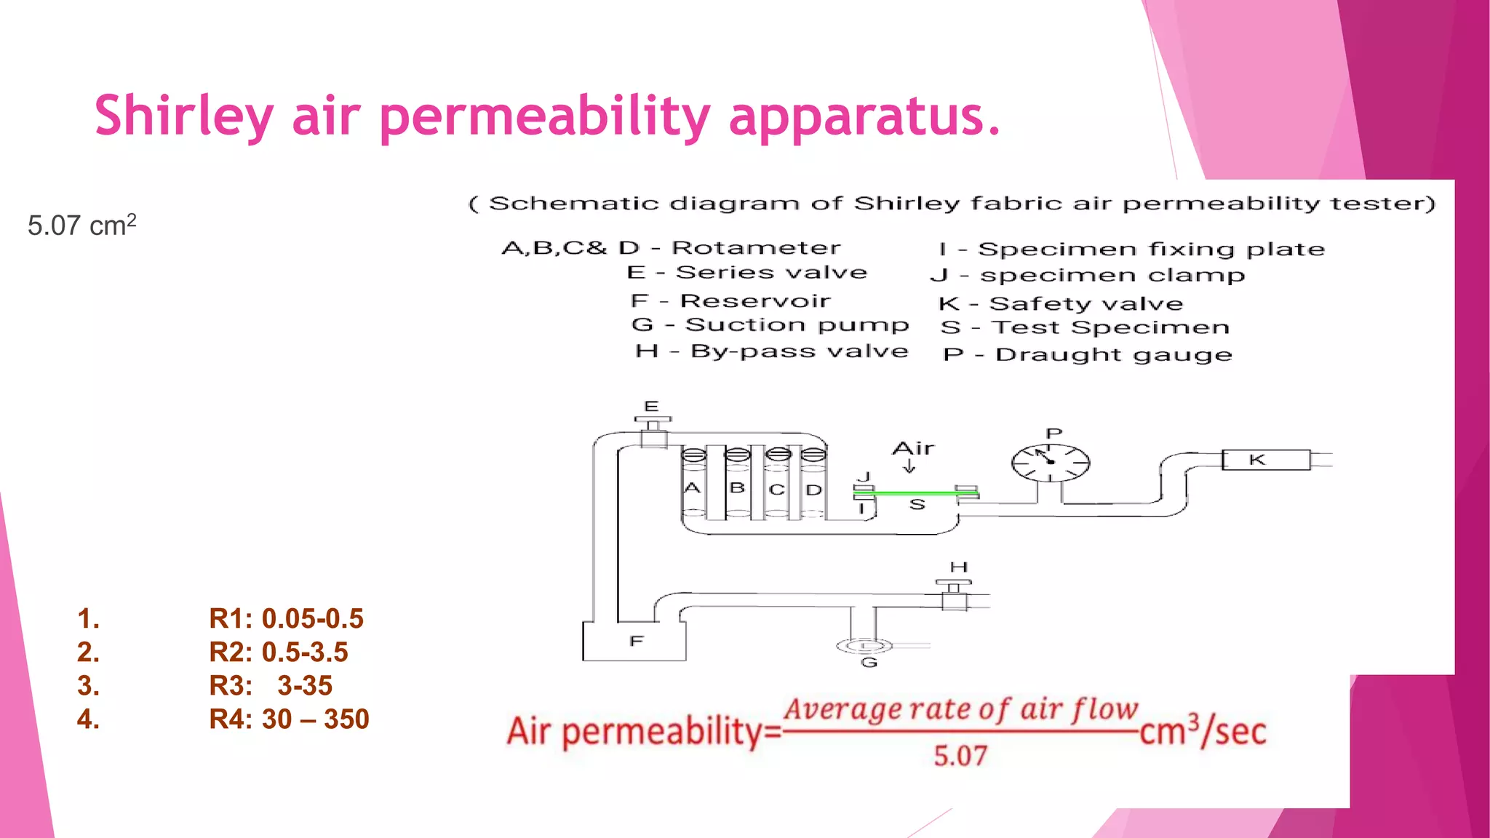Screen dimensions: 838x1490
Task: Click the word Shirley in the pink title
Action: point(183,116)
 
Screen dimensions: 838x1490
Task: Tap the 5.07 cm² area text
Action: point(81,226)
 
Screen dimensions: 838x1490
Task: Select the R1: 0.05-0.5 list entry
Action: point(286,618)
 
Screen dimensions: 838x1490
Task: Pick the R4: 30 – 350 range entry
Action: point(289,719)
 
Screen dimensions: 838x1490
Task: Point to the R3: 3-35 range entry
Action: point(271,685)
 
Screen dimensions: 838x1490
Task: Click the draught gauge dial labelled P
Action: point(1051,463)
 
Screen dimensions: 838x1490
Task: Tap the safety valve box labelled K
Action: point(1265,460)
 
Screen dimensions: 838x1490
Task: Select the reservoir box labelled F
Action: point(634,642)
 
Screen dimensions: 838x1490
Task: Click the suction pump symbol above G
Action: point(864,645)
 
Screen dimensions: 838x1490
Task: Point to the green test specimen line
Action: point(916,493)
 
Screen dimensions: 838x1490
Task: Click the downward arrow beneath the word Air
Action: point(909,467)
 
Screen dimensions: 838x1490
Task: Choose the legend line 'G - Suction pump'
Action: point(770,325)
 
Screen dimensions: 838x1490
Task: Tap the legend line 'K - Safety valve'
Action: point(1061,303)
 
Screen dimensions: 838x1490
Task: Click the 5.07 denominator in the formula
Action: point(960,757)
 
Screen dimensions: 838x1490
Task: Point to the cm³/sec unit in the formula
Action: point(1203,731)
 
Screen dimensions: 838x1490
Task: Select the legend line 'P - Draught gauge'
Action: point(1087,355)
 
